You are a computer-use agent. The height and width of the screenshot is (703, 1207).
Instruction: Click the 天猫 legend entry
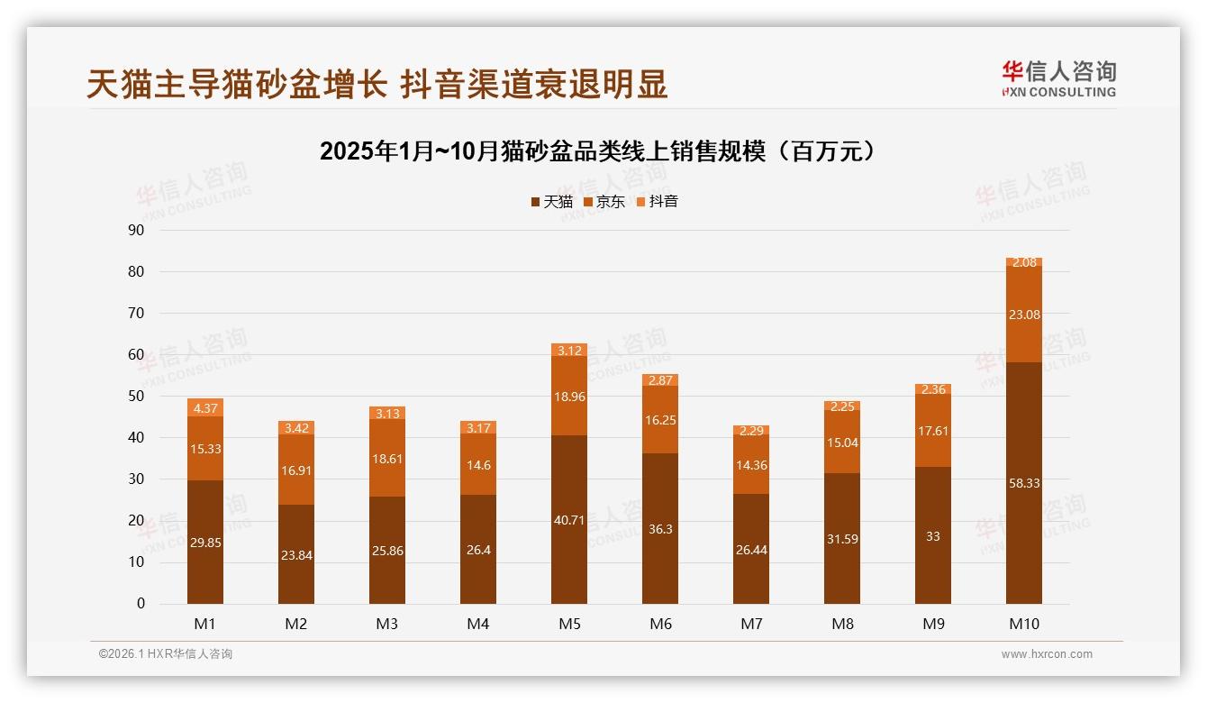point(551,202)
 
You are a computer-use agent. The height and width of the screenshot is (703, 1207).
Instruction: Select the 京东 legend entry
point(604,202)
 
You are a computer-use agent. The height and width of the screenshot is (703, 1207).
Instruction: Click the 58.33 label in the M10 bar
point(1024,483)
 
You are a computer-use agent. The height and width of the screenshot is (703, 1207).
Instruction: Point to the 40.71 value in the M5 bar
point(569,520)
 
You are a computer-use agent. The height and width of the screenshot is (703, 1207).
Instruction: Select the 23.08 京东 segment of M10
point(1024,315)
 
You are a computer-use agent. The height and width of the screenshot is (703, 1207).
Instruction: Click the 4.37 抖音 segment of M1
point(205,408)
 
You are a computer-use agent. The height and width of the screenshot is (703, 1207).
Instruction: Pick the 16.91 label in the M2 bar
point(296,470)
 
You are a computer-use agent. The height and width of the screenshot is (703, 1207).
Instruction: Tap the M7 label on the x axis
point(751,624)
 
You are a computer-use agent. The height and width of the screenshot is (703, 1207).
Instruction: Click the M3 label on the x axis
point(387,624)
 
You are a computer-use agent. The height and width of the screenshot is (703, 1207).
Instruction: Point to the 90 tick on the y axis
point(136,230)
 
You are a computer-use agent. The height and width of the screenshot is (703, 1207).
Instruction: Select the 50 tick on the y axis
point(136,397)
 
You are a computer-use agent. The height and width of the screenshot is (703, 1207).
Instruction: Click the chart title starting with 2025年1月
point(598,151)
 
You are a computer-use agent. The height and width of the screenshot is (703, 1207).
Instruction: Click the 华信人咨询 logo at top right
point(1058,78)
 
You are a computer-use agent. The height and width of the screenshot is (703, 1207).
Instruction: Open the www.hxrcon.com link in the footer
point(1047,654)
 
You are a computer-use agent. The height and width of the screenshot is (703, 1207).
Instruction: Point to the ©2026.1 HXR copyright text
point(165,654)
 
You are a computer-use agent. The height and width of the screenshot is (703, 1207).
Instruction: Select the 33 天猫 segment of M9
point(933,535)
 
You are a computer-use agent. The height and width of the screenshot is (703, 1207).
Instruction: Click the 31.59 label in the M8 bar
point(842,539)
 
